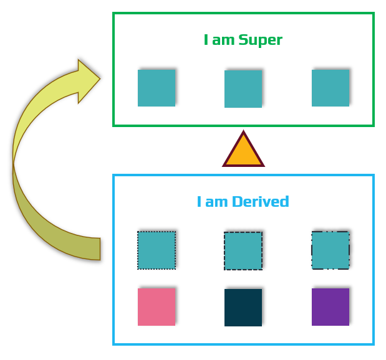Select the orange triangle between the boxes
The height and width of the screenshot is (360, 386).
click(243, 153)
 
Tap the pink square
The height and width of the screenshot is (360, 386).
click(157, 306)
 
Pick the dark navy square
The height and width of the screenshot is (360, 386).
click(243, 307)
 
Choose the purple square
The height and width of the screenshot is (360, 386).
click(331, 306)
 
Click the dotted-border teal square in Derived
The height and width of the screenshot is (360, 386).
click(157, 250)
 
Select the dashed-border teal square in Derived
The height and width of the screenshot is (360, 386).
click(243, 251)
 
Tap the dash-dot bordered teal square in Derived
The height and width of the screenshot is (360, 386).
click(331, 250)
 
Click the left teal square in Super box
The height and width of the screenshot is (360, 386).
click(157, 88)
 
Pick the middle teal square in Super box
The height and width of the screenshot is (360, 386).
click(243, 88)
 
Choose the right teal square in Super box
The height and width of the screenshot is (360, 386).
click(331, 88)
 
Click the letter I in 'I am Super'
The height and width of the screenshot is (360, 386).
click(206, 40)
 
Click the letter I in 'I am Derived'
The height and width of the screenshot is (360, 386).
click(199, 202)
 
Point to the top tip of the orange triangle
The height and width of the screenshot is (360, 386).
click(243, 133)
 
